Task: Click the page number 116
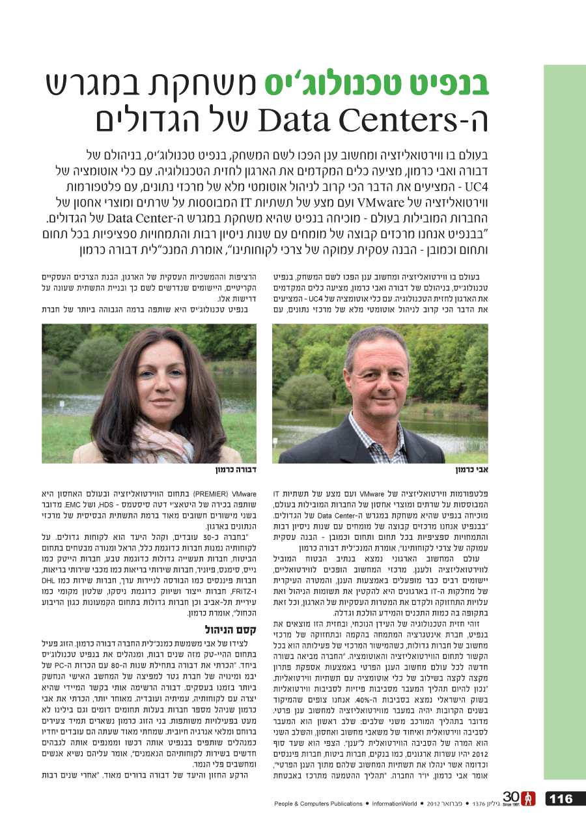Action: point(561,798)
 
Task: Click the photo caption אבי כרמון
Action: point(472,470)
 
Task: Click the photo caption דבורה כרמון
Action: point(236,470)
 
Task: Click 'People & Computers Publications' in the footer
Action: point(318,804)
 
